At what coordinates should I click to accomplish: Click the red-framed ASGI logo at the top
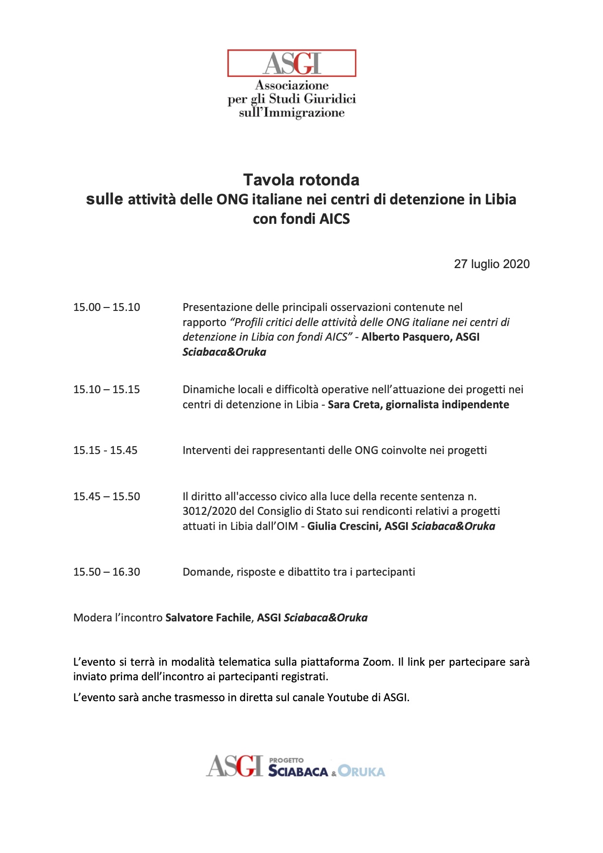(x=292, y=63)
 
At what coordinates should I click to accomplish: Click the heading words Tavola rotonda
(x=301, y=180)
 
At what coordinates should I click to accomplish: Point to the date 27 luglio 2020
(x=492, y=264)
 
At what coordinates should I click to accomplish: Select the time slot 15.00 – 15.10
(x=106, y=308)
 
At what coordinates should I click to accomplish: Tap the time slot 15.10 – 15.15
(x=106, y=390)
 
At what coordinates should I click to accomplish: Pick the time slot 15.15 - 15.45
(x=105, y=451)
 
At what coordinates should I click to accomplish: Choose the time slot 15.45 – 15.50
(x=106, y=497)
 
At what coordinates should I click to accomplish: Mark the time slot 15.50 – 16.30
(x=106, y=572)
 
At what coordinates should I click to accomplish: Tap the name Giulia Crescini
(x=344, y=526)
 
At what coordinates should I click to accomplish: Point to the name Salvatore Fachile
(x=208, y=618)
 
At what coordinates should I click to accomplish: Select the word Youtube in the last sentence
(x=348, y=698)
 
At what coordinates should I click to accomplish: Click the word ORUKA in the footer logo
(x=362, y=772)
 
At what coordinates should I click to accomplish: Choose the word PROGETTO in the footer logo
(x=286, y=760)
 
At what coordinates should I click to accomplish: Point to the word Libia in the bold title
(x=500, y=200)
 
